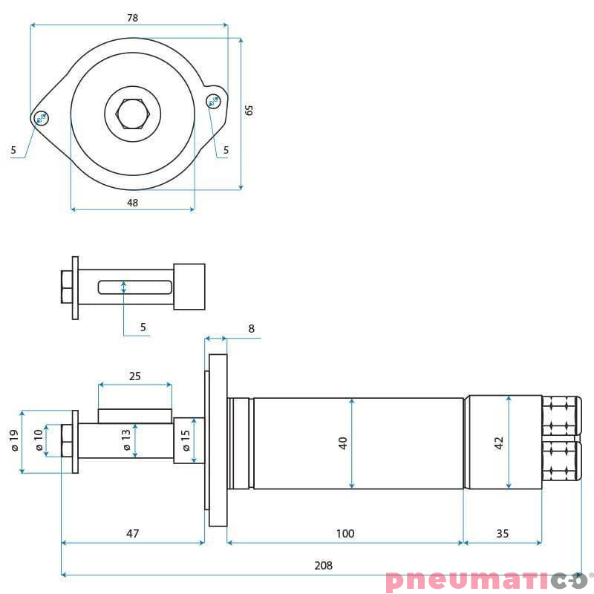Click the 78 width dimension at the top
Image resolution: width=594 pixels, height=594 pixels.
pyautogui.click(x=133, y=17)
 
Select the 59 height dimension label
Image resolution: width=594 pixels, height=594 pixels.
pyautogui.click(x=250, y=109)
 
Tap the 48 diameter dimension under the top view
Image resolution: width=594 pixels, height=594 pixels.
pyautogui.click(x=133, y=202)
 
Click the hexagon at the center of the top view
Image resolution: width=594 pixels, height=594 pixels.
pyautogui.click(x=132, y=114)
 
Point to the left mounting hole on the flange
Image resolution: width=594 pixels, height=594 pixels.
pyautogui.click(x=42, y=117)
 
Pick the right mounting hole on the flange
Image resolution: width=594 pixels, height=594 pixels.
pyautogui.click(x=214, y=100)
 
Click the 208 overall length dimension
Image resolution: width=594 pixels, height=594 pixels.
pyautogui.click(x=323, y=565)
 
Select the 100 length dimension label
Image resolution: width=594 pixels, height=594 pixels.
pyautogui.click(x=345, y=533)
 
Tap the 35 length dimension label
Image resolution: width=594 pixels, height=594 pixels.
pyautogui.click(x=503, y=533)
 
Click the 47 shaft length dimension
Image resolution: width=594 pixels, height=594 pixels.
pyautogui.click(x=133, y=533)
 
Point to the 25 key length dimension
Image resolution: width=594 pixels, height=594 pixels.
pyautogui.click(x=134, y=376)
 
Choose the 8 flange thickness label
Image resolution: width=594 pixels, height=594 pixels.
pyautogui.click(x=251, y=328)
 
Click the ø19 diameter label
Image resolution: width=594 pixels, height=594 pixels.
pyautogui.click(x=13, y=441)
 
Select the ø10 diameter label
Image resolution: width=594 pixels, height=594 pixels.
pyautogui.click(x=39, y=441)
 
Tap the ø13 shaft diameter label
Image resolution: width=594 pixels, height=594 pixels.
pyautogui.click(x=126, y=440)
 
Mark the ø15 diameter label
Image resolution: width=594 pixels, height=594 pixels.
pyautogui.click(x=186, y=441)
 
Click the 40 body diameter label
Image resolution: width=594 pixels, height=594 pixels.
pyautogui.click(x=343, y=443)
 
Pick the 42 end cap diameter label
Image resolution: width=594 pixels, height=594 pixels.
pyautogui.click(x=500, y=443)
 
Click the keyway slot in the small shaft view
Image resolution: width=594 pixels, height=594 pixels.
pyautogui.click(x=134, y=287)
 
